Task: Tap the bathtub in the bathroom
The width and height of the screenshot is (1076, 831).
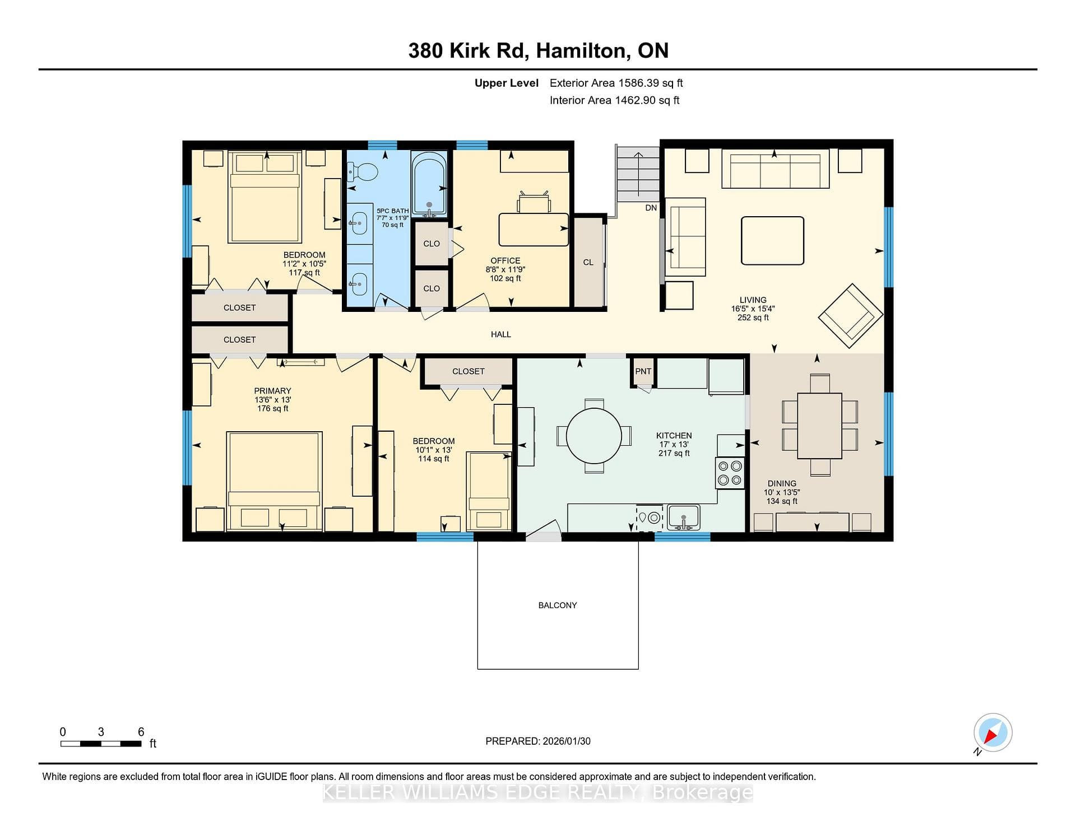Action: point(429,184)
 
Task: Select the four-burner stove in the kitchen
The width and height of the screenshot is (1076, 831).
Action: point(730,473)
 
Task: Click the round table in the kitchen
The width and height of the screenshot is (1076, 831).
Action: point(594,436)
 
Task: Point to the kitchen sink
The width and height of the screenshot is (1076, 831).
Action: point(683,517)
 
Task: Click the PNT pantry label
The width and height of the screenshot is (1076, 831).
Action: point(643,371)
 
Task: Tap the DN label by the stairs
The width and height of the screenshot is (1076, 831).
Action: point(651,208)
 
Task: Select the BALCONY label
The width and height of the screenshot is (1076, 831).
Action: point(558,605)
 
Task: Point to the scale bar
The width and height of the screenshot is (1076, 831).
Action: point(101,744)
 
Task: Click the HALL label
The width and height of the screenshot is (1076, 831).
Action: point(501,334)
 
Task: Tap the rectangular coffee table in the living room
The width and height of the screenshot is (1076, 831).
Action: point(772,241)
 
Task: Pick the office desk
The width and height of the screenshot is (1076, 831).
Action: point(534,230)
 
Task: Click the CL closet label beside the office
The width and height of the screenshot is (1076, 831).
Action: point(588,262)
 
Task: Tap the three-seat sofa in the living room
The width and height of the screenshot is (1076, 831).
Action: point(775,169)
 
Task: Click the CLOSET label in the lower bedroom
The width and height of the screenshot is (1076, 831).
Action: point(469,371)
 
